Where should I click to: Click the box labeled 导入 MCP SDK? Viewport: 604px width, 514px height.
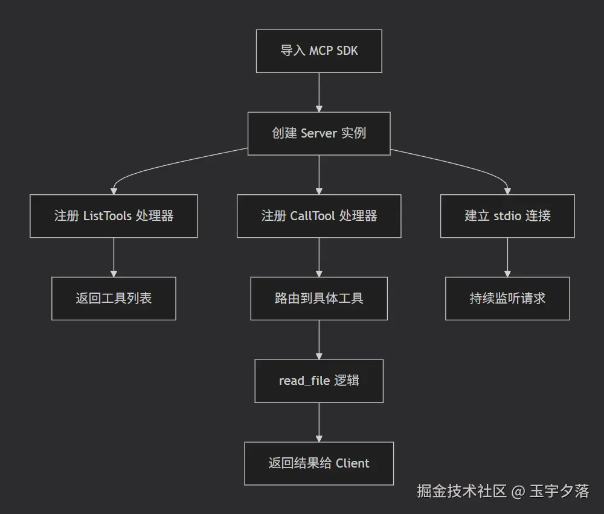pos(319,51)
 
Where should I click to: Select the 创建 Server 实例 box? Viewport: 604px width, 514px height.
pos(319,133)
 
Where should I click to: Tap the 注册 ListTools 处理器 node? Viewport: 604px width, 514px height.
pos(114,216)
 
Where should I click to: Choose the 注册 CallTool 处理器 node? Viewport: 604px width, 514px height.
pos(319,216)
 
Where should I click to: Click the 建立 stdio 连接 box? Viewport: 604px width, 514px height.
pos(507,216)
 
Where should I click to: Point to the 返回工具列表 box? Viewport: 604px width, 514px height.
pos(114,299)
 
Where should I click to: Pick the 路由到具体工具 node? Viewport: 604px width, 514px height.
pos(319,299)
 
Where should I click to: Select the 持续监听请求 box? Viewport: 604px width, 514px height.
pos(507,299)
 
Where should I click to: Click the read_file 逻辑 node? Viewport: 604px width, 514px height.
pos(319,381)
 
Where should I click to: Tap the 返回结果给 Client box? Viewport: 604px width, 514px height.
pos(319,463)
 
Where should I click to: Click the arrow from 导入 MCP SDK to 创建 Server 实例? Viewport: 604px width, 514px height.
pos(319,92)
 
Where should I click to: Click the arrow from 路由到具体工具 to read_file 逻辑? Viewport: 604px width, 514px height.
pos(319,340)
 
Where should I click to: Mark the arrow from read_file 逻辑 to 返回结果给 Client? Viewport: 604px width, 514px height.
pos(319,422)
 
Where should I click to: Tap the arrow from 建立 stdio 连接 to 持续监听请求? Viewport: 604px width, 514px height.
pos(507,258)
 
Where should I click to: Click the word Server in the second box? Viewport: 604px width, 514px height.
pos(318,133)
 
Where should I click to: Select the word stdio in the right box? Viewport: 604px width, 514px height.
pos(507,216)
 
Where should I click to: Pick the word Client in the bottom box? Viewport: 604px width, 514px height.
pos(353,463)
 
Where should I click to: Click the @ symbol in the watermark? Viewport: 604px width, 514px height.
pos(518,492)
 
